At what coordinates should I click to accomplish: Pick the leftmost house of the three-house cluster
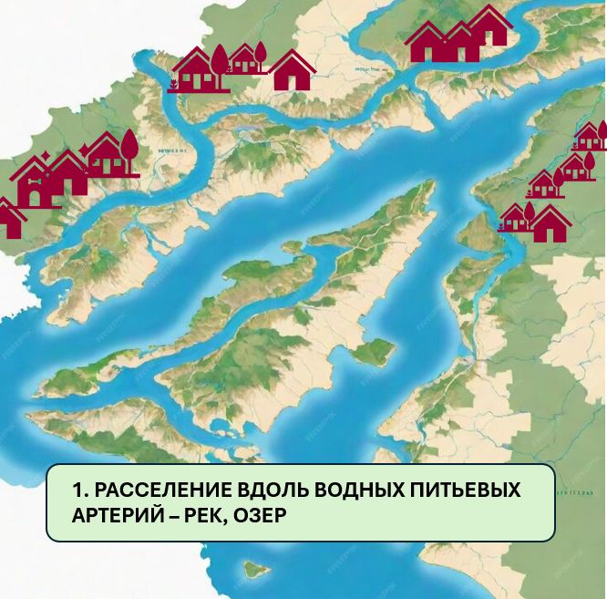coord(426,42)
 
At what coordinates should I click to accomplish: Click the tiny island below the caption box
coord(254,570)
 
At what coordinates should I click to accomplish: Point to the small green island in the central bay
coord(374,351)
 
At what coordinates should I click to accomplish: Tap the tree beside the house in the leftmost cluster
coord(129,146)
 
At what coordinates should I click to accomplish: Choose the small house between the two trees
coord(242,59)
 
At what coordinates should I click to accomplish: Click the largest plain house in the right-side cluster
coord(550,224)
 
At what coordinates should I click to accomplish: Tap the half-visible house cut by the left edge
coord(9,219)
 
